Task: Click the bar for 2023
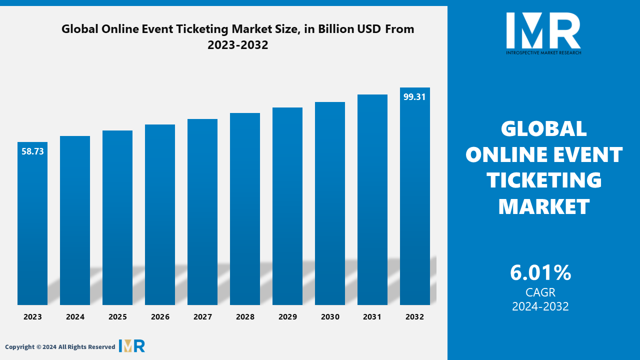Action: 32,223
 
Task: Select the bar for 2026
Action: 160,214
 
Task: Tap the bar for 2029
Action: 287,206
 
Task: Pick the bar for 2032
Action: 415,196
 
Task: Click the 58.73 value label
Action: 32,151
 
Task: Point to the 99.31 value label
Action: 414,97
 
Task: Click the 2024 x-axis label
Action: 75,317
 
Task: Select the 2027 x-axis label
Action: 202,317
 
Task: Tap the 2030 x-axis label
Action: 330,317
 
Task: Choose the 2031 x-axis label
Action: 372,317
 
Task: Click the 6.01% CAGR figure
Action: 540,272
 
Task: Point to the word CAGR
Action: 540,292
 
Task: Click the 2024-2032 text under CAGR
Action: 540,306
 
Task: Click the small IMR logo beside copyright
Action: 132,346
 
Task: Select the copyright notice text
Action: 60,347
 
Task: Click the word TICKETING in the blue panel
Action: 544,180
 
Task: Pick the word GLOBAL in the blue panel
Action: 543,128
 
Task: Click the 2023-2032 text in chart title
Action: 237,45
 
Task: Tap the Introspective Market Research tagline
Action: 543,52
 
